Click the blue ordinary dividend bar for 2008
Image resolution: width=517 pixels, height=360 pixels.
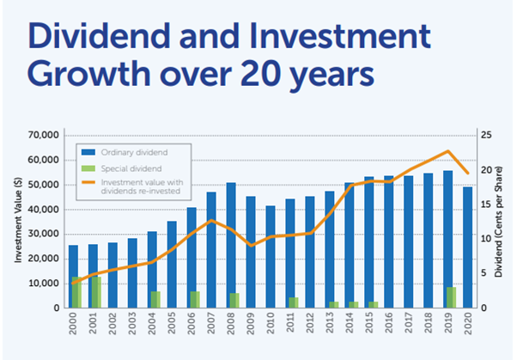(231, 245)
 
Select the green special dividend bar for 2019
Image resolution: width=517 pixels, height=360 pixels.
(452, 297)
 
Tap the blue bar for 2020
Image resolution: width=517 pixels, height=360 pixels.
(467, 247)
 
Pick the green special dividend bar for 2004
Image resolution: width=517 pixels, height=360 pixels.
(155, 300)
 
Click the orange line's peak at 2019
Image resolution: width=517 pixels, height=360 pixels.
(447, 151)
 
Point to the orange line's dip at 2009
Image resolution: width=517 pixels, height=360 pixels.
(252, 246)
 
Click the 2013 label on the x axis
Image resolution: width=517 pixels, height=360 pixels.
(330, 323)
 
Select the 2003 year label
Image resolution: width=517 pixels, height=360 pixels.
(132, 323)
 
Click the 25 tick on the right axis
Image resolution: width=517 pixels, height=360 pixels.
(486, 135)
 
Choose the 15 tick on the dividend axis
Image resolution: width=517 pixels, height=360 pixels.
(486, 204)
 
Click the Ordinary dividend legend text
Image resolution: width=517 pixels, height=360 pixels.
(134, 152)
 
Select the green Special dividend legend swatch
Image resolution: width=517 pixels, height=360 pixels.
(88, 168)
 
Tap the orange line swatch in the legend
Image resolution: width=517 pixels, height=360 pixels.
(88, 182)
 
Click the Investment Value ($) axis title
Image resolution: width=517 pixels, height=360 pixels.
(18, 220)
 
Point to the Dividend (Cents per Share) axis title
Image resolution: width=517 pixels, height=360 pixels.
(498, 222)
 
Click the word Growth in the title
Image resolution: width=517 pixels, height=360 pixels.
(89, 76)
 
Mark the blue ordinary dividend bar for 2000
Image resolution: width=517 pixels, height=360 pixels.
(73, 277)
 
